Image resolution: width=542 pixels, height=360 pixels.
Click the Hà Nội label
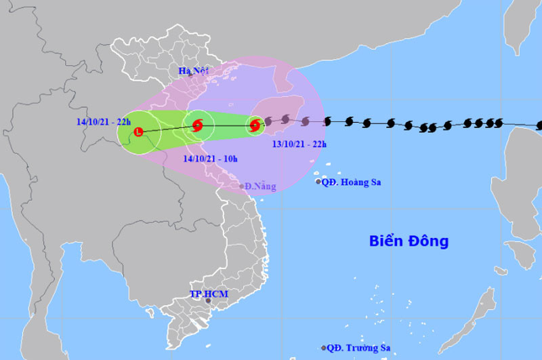pos(193,71)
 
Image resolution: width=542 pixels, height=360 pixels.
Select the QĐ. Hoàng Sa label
pos(351,182)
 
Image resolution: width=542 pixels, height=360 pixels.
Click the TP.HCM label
pos(209,294)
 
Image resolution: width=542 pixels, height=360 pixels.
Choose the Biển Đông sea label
pos(409,241)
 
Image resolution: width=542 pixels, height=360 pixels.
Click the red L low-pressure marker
pos(139,132)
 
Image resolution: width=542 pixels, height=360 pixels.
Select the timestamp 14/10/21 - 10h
pos(211,159)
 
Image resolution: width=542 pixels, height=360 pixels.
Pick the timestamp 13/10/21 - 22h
pos(299,144)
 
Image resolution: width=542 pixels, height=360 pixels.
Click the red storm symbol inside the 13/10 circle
pos(255,125)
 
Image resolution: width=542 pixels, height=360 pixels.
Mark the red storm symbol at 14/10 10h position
pos(197,125)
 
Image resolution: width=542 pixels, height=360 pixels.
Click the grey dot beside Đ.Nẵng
pos(242,186)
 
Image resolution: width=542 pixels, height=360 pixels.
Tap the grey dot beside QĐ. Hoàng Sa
pos(318,182)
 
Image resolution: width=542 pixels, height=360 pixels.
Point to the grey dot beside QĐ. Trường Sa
pos(324,348)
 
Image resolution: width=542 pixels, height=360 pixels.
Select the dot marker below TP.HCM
pos(208,301)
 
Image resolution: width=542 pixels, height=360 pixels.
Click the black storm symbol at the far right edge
pos(539,125)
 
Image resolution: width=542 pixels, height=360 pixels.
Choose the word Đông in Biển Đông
pos(427,241)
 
